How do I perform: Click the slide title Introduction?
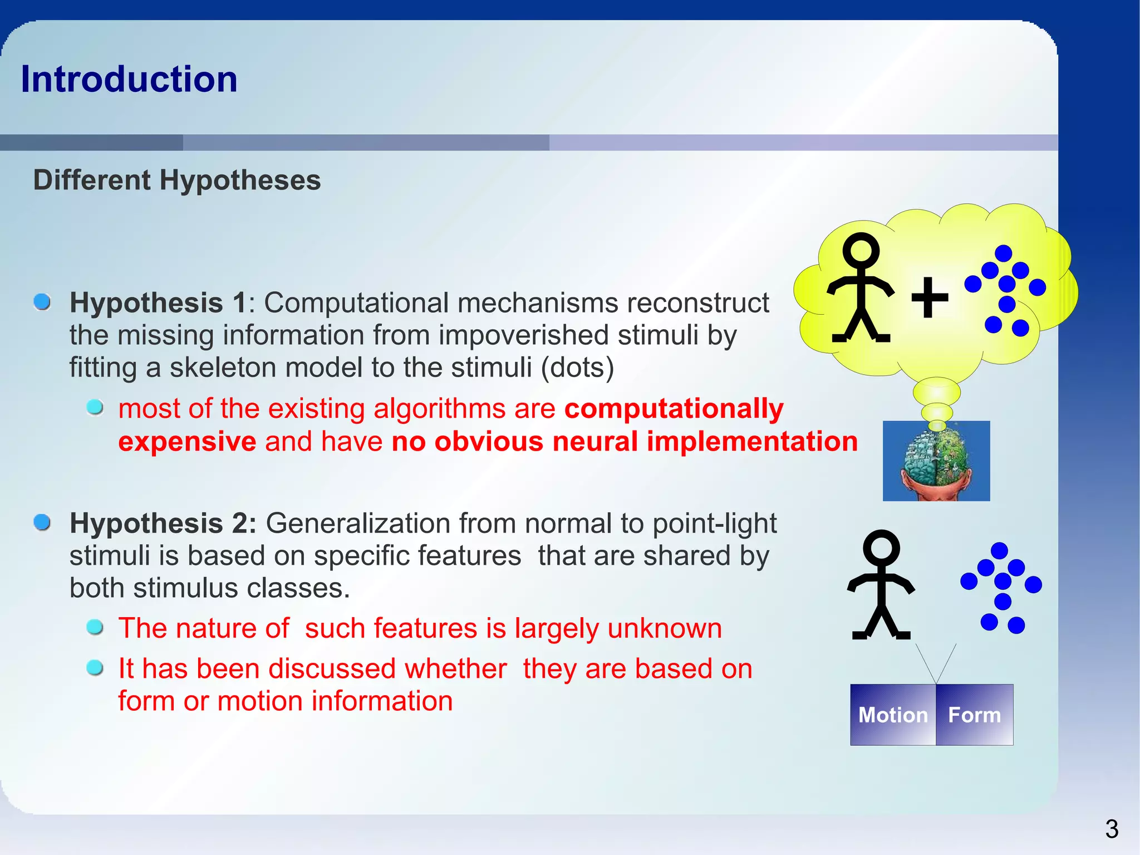[x=129, y=79]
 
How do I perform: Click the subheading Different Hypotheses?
[x=177, y=180]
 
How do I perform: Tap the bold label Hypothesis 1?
[x=158, y=303]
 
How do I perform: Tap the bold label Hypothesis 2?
[x=163, y=524]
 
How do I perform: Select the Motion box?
[x=893, y=715]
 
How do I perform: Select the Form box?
[x=974, y=715]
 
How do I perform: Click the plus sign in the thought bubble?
[x=930, y=297]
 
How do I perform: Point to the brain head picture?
[x=936, y=461]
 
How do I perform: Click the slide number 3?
[x=1112, y=829]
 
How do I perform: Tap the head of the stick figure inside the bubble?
[x=861, y=250]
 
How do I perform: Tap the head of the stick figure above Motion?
[x=881, y=547]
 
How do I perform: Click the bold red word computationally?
[x=674, y=408]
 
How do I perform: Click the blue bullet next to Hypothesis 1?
[x=42, y=302]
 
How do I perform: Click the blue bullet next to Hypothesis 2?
[x=42, y=522]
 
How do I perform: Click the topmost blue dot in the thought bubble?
[x=1003, y=253]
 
